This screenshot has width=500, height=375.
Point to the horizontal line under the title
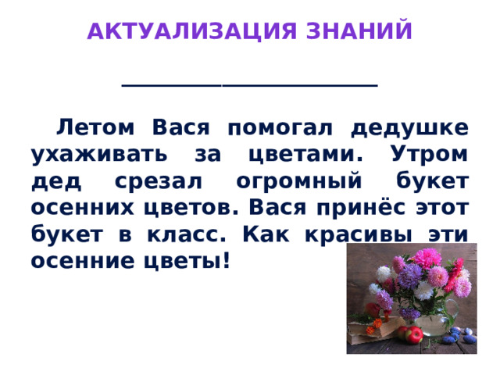pos(249,85)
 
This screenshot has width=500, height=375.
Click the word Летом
pos(99,127)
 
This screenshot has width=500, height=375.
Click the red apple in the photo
pos(414,335)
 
